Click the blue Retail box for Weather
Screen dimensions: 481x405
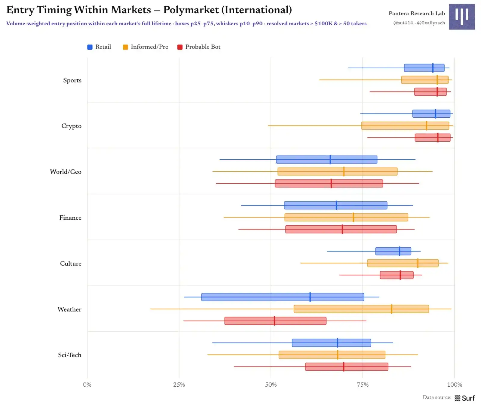tap(283, 297)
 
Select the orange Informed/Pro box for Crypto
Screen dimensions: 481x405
tap(405, 126)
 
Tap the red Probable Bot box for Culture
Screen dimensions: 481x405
tap(397, 275)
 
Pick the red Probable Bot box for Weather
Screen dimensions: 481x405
tap(275, 321)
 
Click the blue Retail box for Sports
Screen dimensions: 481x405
tap(424, 68)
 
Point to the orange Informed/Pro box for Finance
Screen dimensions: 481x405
tap(346, 217)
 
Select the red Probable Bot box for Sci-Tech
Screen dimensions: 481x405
tap(347, 367)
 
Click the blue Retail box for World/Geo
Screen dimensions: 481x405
tap(326, 159)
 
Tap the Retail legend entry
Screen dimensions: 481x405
tap(99, 47)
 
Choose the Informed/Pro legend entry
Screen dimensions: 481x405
tap(146, 47)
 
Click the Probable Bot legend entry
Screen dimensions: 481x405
tap(199, 47)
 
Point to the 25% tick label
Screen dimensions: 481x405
tap(179, 385)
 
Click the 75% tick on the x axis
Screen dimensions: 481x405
tap(363, 385)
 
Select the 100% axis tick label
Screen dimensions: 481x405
tap(455, 385)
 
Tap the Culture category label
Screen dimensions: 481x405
tap(71, 264)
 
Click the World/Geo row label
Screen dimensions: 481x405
tap(66, 172)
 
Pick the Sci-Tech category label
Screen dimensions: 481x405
tap(70, 355)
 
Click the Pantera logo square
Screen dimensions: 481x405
tap(462, 17)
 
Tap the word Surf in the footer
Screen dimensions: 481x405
tap(468, 398)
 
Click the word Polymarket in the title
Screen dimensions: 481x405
tap(191, 10)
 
